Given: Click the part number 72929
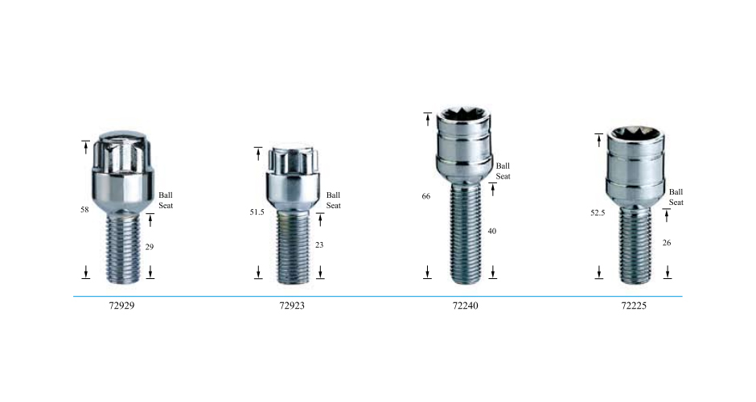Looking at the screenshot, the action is pos(121,306).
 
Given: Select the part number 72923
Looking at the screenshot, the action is pos(292,306).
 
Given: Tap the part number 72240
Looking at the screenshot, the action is pos(466,306).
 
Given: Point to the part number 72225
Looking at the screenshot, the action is pos(634,306).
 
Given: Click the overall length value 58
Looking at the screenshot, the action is pos(85,210).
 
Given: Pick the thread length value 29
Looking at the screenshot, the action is pos(150,247).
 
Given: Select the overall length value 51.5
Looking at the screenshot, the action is pos(257,212).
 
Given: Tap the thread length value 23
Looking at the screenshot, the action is pos(319,245).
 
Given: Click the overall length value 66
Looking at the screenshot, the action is pos(425,196).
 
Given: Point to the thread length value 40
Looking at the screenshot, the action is pos(491,231).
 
